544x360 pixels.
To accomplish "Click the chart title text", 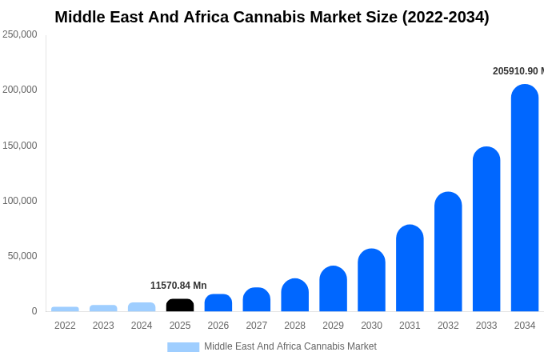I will point(272,17).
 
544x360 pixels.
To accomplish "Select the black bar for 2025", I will point(180,305).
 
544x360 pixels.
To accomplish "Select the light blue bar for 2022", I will point(65,309).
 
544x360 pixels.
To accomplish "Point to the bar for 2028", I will point(294,295).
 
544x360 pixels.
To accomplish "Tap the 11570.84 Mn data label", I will point(178,286).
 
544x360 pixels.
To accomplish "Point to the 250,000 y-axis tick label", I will point(20,34).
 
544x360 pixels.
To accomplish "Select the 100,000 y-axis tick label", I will point(20,201).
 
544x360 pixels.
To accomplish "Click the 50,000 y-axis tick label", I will point(22,256).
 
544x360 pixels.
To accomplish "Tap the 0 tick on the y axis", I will point(34,311).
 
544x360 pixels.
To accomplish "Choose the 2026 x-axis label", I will point(218,326).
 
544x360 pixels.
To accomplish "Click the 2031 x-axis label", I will point(410,326).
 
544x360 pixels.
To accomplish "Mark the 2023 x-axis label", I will point(103,326).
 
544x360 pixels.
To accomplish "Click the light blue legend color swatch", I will point(183,347).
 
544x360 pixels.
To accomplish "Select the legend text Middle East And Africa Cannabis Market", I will point(290,346).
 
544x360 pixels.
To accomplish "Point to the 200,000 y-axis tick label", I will point(20,90).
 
